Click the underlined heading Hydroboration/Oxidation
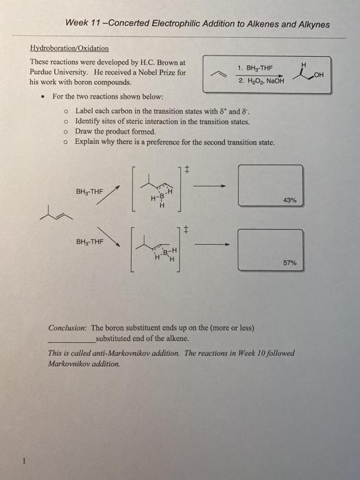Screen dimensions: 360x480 78,49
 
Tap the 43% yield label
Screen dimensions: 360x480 289,200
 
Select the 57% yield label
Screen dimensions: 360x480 289,263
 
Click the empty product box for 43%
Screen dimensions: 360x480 269,184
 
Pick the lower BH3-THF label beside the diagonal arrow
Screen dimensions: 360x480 90,241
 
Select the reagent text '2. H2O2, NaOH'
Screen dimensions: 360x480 255,81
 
